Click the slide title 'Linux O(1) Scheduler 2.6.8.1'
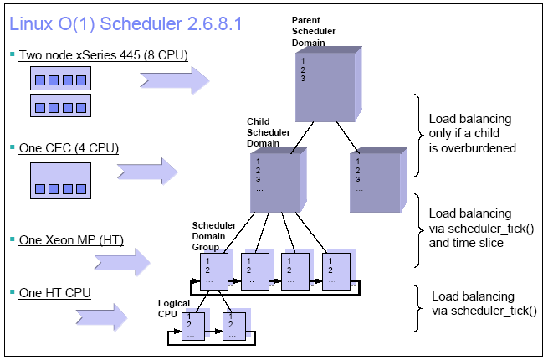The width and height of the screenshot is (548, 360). [x=125, y=23]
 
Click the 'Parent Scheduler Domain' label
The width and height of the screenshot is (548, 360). [x=315, y=31]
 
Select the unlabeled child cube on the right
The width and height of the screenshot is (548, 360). [x=375, y=180]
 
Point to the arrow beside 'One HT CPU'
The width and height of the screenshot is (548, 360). [x=100, y=316]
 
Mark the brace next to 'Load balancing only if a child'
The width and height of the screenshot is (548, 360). [x=416, y=134]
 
